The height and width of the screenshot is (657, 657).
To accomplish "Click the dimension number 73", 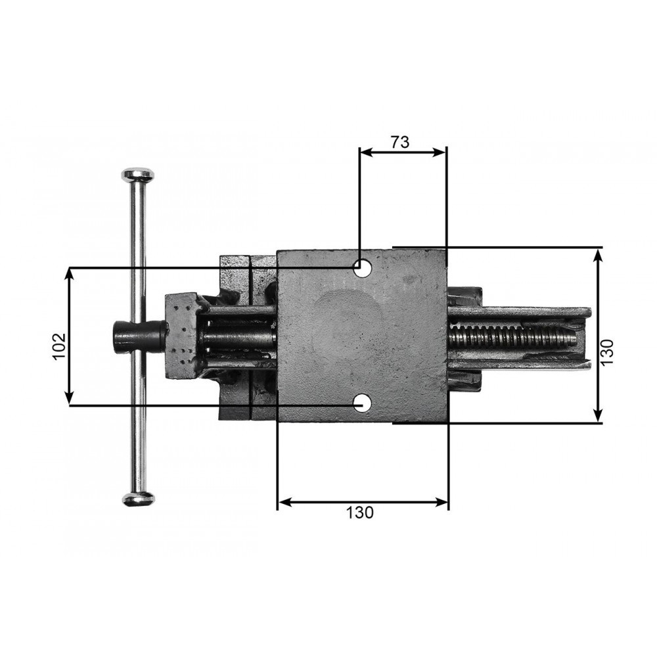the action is (x=399, y=143).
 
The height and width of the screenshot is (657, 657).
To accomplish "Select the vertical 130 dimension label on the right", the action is (x=607, y=352).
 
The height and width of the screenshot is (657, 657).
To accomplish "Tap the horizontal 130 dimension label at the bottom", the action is (x=359, y=512).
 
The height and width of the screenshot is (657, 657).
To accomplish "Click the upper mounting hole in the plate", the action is (x=362, y=268).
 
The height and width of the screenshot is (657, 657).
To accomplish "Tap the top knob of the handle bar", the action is (x=138, y=175).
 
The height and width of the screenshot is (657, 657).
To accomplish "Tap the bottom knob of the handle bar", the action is (x=138, y=498).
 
